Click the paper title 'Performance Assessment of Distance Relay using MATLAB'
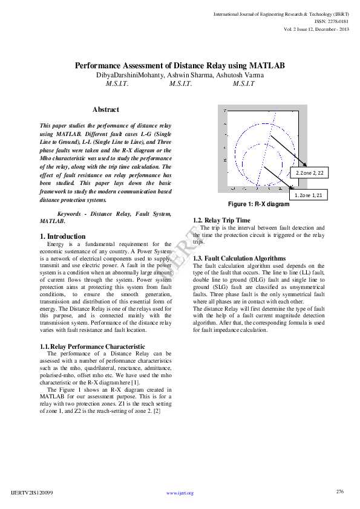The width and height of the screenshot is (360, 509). pyautogui.click(x=180, y=65)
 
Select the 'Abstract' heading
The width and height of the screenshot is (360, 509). pyautogui.click(x=106, y=109)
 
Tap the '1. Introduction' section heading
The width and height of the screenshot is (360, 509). pyautogui.click(x=63, y=236)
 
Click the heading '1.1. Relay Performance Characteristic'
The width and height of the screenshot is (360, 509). pyautogui.click(x=88, y=346)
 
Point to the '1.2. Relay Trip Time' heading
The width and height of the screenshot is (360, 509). pyautogui.click(x=221, y=220)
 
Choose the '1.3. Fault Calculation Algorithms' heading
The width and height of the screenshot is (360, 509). pyautogui.click(x=239, y=258)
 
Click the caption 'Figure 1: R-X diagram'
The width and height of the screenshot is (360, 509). pyautogui.click(x=258, y=204)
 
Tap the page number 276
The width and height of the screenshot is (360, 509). pyautogui.click(x=339, y=491)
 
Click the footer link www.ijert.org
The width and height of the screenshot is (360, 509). pyautogui.click(x=180, y=493)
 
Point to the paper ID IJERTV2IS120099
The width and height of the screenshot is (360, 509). pyautogui.click(x=32, y=493)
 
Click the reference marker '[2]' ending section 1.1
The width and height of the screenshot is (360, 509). pyautogui.click(x=156, y=410)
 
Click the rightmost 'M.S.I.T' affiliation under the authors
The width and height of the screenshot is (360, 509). pyautogui.click(x=243, y=84)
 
